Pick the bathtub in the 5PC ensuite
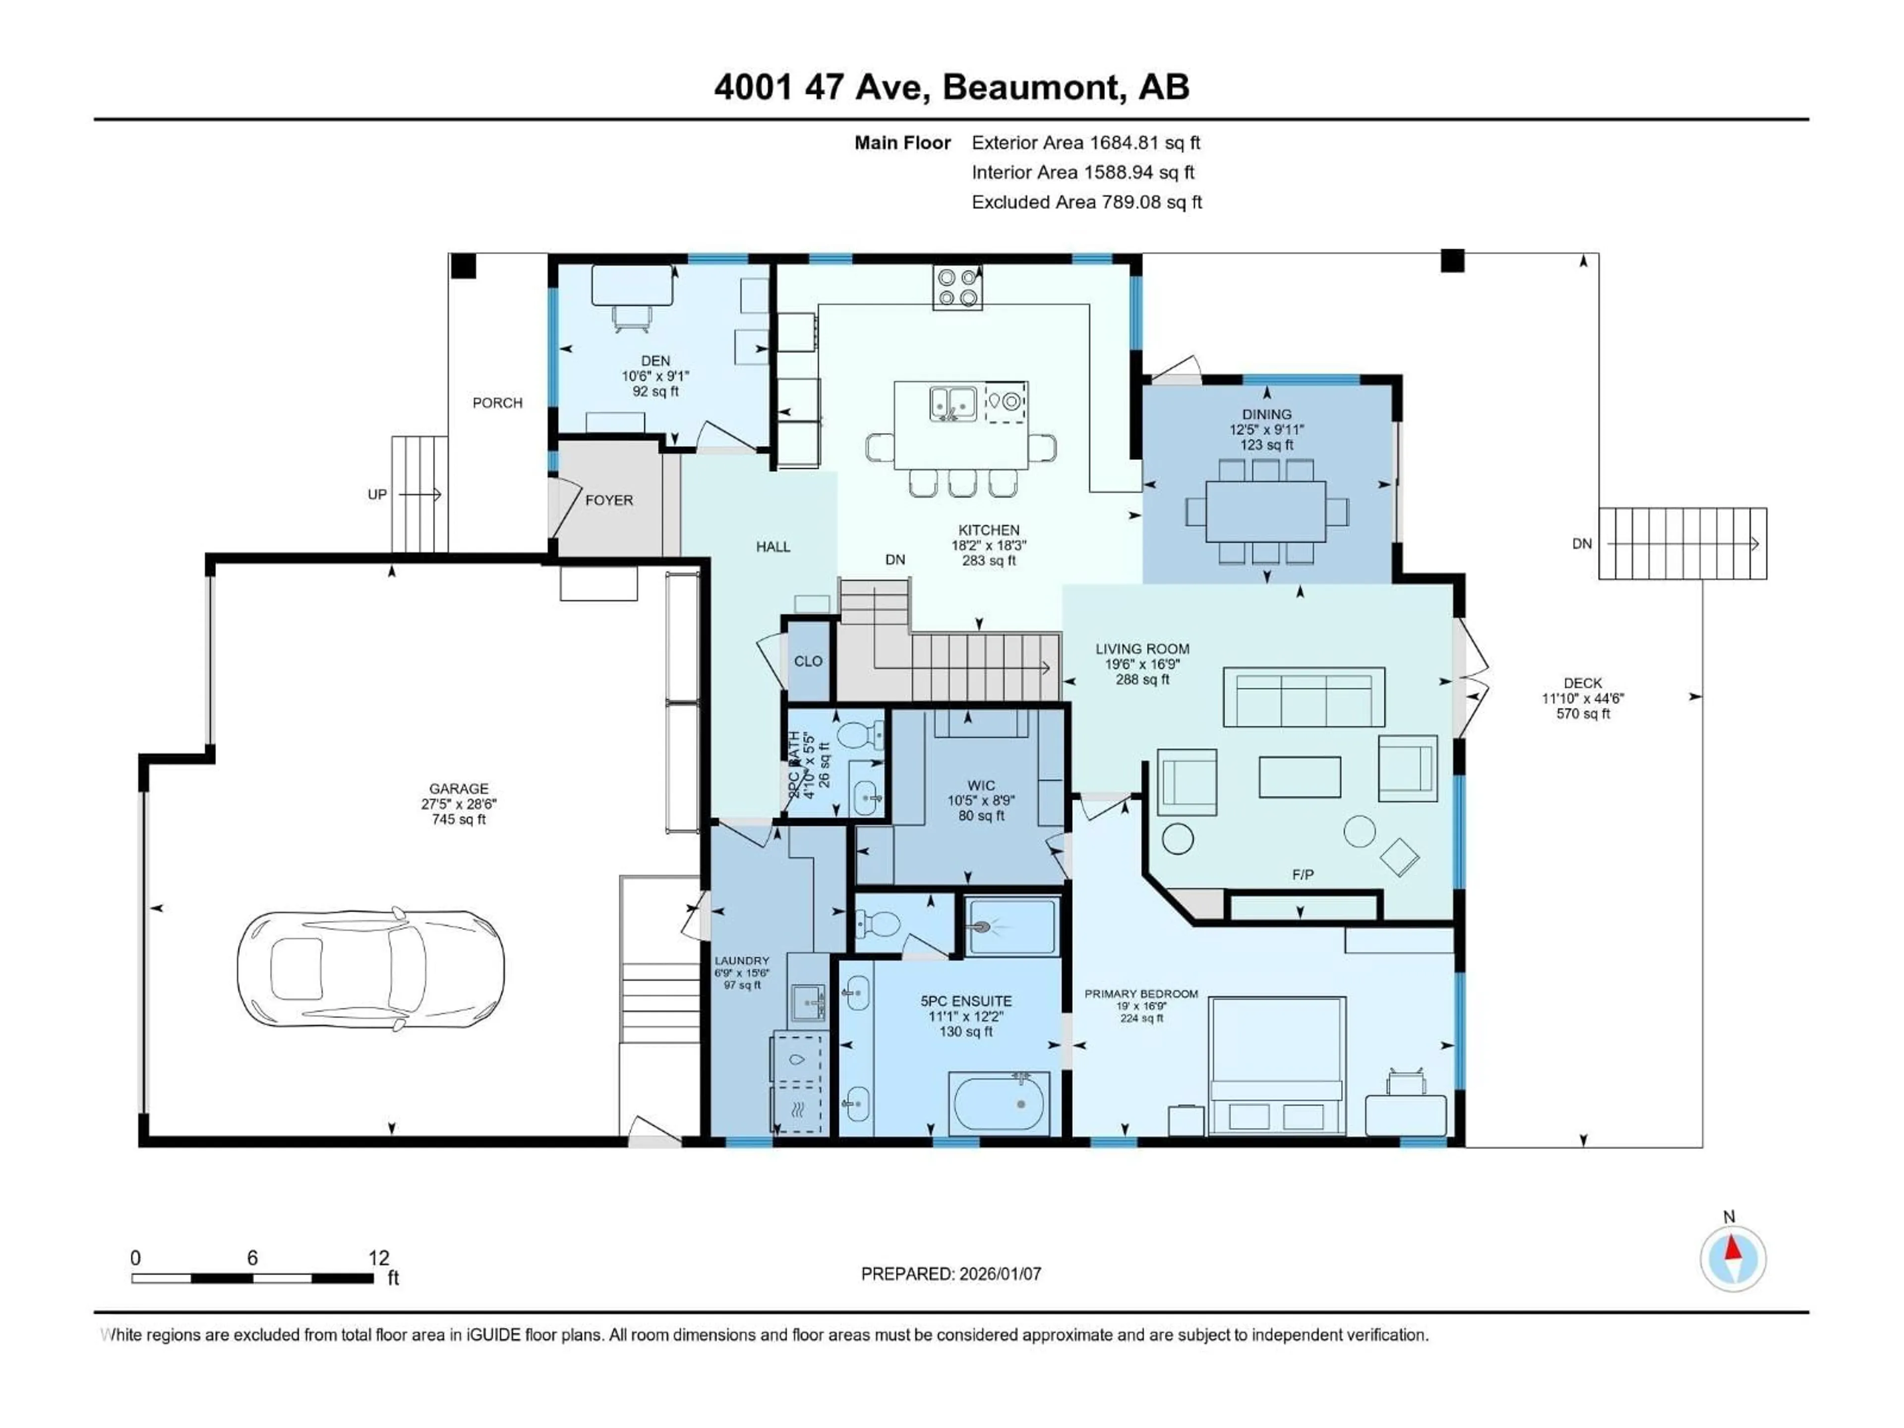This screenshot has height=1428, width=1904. (999, 1104)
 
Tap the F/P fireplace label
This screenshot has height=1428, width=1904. (1303, 875)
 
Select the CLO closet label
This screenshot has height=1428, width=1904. (808, 661)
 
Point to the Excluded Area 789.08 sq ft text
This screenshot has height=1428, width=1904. (1086, 202)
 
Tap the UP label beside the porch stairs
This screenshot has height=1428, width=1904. (377, 495)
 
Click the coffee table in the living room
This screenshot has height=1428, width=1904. (1299, 776)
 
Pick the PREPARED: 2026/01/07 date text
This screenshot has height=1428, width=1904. (951, 1274)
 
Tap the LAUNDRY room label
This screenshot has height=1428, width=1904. (741, 960)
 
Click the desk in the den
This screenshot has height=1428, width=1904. (632, 285)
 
